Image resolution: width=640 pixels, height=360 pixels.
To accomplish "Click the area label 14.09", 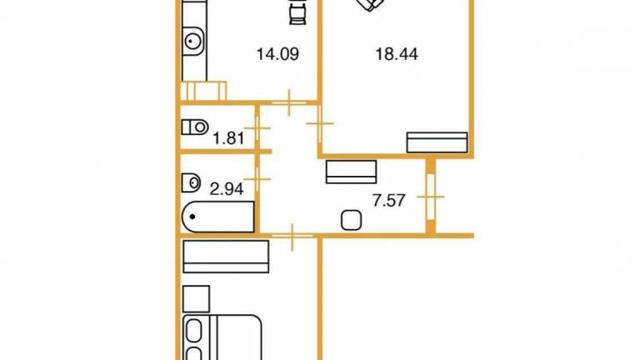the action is (277, 54).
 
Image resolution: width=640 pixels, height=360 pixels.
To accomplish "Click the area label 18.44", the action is (397, 54).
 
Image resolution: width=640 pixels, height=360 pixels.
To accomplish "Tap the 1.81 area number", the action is (228, 138).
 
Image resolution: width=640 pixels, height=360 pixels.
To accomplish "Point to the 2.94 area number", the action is (227, 189).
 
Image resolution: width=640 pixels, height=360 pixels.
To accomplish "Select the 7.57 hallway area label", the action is (389, 200).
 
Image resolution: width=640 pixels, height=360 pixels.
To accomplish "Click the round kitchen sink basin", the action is (192, 41).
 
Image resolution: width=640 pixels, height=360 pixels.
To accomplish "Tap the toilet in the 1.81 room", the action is (195, 127).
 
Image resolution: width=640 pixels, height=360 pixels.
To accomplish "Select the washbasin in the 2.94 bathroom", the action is (191, 182).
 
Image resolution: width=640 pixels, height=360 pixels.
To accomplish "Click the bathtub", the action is (218, 217).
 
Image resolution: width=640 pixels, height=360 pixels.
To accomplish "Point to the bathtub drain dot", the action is (192, 217).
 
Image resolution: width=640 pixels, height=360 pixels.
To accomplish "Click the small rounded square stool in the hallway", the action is (351, 220).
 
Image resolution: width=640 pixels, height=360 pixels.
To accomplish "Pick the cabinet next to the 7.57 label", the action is (351, 172).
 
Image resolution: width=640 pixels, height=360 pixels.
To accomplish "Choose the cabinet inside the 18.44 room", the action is (437, 142).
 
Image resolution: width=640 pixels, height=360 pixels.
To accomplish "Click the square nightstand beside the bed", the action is (197, 299).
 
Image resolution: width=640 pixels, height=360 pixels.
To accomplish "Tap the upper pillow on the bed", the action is (194, 331).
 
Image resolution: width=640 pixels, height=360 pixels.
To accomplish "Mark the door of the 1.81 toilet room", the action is (257, 128).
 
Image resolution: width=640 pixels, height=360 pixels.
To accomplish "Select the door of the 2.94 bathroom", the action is (257, 179).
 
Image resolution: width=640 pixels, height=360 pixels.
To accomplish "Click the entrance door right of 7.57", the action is (431, 197).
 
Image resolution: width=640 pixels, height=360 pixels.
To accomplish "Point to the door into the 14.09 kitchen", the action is (289, 102).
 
